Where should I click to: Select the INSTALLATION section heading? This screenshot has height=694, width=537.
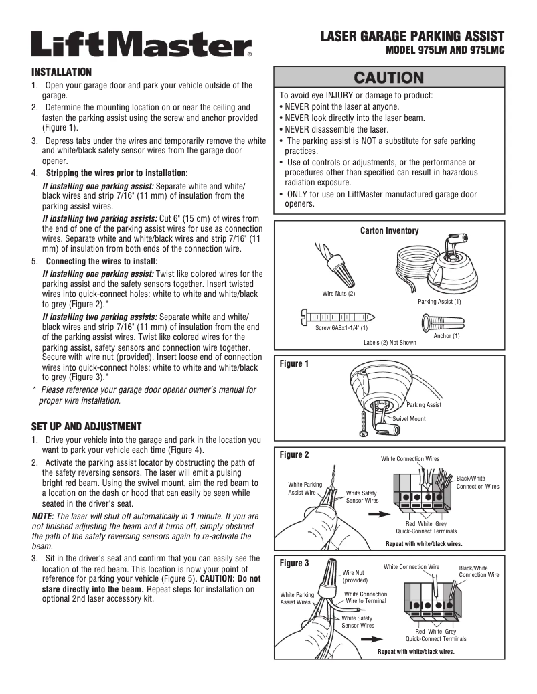point(62,72)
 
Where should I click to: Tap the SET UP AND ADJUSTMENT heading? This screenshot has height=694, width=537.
point(86,426)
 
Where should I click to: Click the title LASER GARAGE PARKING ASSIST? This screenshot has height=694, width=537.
point(412,36)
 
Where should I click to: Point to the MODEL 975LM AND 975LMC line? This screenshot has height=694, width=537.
point(445,50)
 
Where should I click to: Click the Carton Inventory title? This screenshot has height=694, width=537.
point(389,231)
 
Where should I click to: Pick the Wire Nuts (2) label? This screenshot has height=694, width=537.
point(338,293)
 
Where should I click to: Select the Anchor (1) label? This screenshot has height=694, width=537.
point(447,335)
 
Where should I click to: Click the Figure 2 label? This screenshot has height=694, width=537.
point(294,455)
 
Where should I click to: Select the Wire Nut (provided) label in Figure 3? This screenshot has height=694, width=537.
point(354,576)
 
